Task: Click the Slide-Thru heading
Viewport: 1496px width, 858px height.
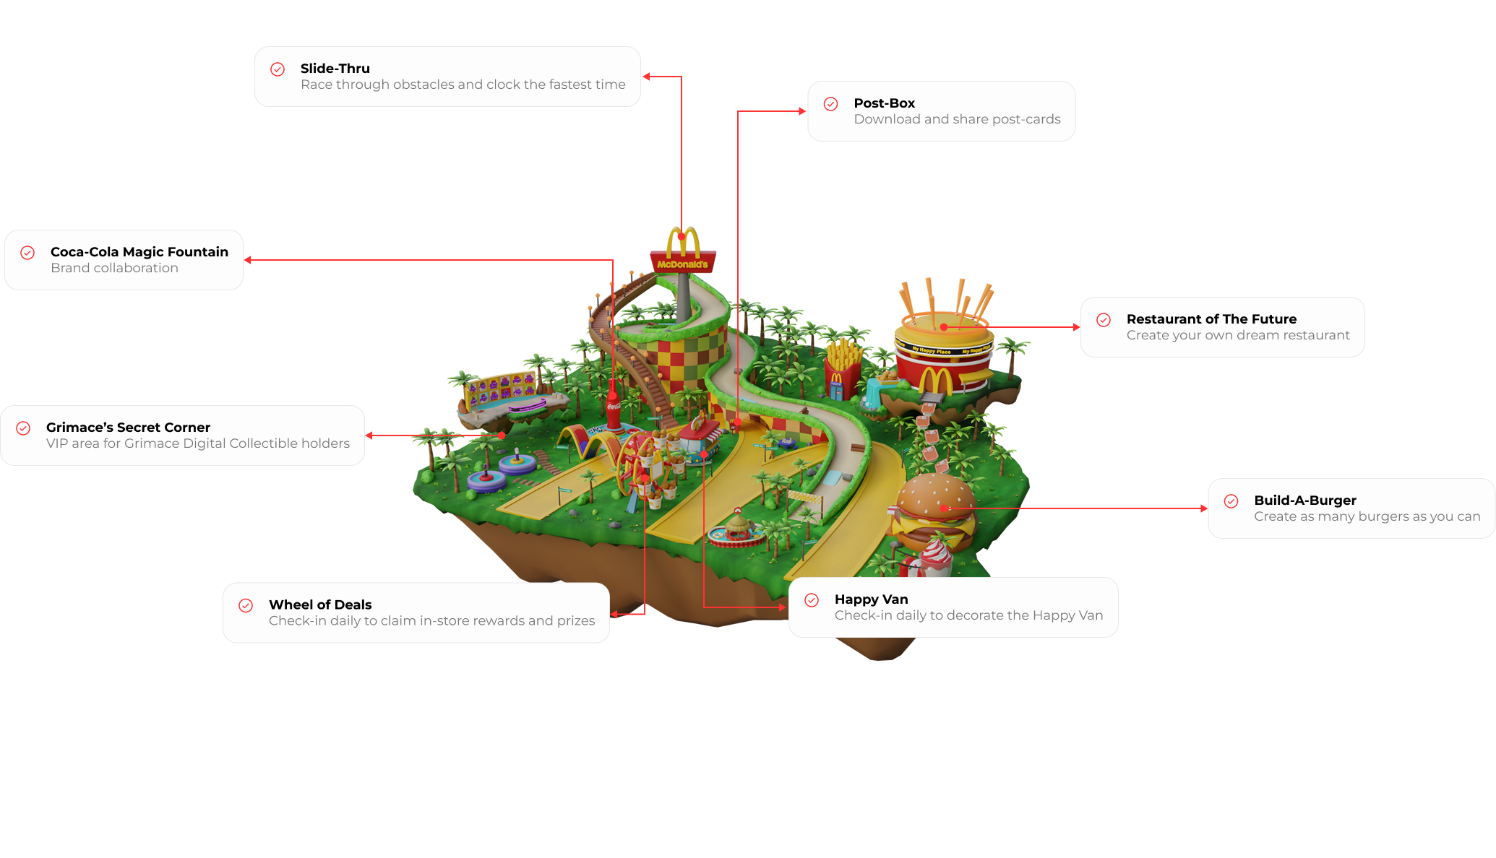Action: [335, 69]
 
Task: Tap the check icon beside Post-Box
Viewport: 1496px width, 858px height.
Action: [831, 104]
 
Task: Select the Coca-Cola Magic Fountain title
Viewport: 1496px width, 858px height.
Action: [139, 252]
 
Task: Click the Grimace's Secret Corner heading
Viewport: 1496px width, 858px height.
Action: [128, 428]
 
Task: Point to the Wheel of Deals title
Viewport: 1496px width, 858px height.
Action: [320, 605]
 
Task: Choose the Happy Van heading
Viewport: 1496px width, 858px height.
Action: [871, 599]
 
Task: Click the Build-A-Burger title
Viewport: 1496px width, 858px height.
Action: [1304, 500]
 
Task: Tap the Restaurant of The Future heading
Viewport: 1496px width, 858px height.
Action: [1211, 319]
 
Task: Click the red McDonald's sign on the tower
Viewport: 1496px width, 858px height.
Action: [682, 264]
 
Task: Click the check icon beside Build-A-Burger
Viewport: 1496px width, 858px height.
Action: [1231, 501]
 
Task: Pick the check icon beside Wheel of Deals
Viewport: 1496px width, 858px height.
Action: [246, 606]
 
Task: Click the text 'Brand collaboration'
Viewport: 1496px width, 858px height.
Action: [114, 268]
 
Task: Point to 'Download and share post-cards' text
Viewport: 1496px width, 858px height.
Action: [957, 119]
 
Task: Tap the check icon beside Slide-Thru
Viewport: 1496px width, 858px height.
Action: [278, 69]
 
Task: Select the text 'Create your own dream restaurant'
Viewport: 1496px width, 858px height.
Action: [1237, 335]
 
